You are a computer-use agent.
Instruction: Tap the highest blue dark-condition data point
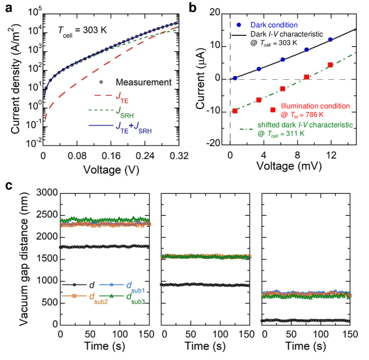[x=331, y=40]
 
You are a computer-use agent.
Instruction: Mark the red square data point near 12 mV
[x=330, y=65]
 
